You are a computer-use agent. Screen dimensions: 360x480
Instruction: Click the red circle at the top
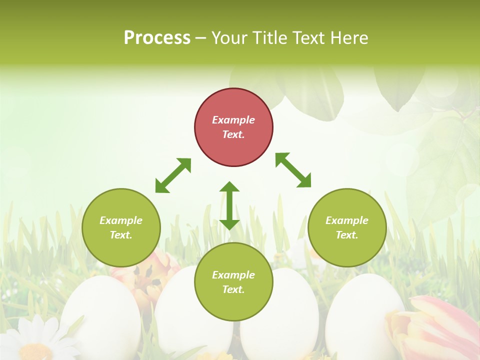pyautogui.click(x=233, y=127)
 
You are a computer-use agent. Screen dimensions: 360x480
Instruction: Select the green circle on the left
pyautogui.click(x=121, y=227)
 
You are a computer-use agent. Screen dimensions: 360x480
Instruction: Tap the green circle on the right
pyautogui.click(x=347, y=227)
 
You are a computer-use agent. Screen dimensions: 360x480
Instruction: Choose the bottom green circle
pyautogui.click(x=233, y=282)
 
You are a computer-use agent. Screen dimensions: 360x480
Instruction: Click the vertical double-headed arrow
pyautogui.click(x=229, y=205)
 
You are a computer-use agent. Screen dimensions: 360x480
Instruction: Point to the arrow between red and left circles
pyautogui.click(x=173, y=175)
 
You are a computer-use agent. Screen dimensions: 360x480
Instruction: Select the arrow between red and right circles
pyautogui.click(x=293, y=170)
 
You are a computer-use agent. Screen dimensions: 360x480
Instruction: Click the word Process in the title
pyautogui.click(x=157, y=37)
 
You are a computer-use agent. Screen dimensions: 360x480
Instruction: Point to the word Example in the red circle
pyautogui.click(x=233, y=120)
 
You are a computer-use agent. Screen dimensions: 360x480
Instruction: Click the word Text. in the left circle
pyautogui.click(x=121, y=235)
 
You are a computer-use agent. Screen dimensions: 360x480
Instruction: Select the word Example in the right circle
pyautogui.click(x=347, y=220)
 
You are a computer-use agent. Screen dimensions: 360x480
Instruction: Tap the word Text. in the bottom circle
pyautogui.click(x=233, y=289)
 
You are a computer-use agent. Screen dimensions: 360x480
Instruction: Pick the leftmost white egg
pyautogui.click(x=100, y=315)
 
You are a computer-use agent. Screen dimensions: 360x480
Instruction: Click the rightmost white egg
pyautogui.click(x=362, y=310)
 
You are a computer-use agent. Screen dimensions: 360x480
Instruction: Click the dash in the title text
pyautogui.click(x=201, y=38)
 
